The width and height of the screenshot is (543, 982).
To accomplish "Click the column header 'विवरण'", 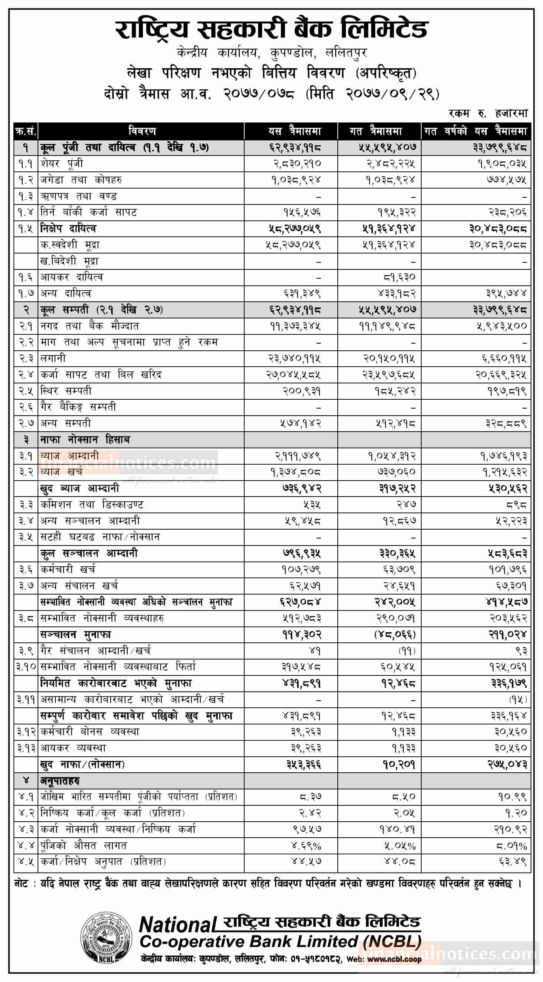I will (142, 131).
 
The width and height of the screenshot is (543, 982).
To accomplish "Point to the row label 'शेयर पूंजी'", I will (62, 164).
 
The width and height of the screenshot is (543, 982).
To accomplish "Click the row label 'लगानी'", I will (53, 359).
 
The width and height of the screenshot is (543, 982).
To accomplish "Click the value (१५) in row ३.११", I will (517, 700).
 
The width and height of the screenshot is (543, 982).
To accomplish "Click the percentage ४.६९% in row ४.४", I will (306, 846).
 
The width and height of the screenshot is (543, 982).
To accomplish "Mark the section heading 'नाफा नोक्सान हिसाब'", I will (85, 440).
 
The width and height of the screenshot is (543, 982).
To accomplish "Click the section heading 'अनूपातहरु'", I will (60, 781).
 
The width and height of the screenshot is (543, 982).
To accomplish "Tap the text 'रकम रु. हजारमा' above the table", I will (488, 113).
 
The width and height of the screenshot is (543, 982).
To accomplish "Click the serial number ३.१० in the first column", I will (26, 667).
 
